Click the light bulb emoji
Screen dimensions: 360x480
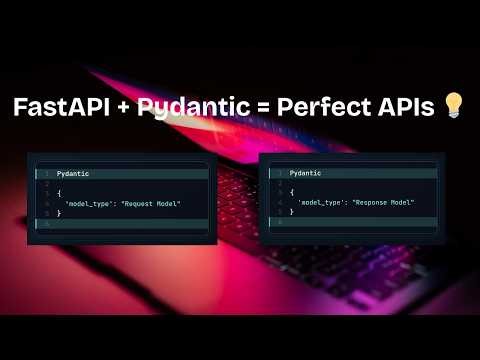pyautogui.click(x=454, y=108)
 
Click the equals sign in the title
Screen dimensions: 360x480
pyautogui.click(x=251, y=108)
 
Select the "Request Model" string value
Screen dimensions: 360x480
pyautogui.click(x=150, y=204)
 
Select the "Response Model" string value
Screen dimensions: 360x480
pyautogui.click(x=381, y=202)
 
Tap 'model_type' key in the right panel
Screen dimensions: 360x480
pyautogui.click(x=319, y=202)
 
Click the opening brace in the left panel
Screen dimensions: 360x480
pyautogui.click(x=59, y=194)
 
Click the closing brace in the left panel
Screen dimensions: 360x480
pyautogui.click(x=59, y=214)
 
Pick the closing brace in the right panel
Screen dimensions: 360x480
pyautogui.click(x=291, y=212)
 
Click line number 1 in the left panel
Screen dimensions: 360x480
pyautogui.click(x=45, y=173)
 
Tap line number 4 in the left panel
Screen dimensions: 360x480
pyautogui.click(x=45, y=204)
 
